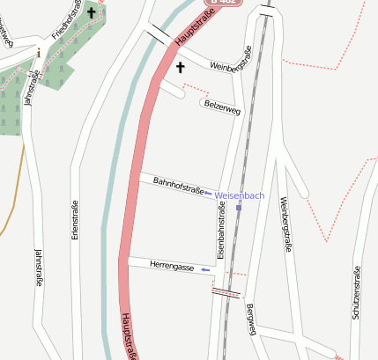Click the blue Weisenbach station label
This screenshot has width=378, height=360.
[240, 195]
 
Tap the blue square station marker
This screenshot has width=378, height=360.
[239, 208]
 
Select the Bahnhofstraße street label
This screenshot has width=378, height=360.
[179, 186]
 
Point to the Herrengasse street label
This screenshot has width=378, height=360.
[172, 265]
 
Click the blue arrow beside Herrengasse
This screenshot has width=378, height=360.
[205, 269]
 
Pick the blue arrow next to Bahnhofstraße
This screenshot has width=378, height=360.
[208, 195]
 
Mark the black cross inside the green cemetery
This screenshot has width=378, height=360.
[91, 13]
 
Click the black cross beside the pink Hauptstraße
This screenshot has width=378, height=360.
[181, 67]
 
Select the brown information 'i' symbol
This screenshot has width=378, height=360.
[38, 54]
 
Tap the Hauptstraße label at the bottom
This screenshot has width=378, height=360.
[129, 336]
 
